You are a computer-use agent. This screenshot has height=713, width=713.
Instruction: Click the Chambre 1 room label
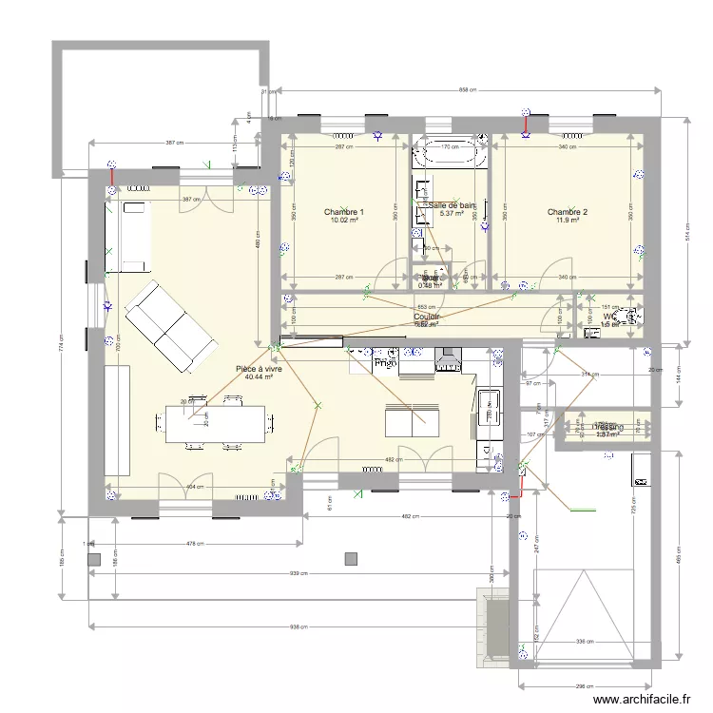343,211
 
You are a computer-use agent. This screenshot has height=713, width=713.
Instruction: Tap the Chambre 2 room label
567,211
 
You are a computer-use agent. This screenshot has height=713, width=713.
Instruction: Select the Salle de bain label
452,205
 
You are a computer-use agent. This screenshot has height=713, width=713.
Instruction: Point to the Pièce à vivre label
259,367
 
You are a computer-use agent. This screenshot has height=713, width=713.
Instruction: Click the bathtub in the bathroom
450,154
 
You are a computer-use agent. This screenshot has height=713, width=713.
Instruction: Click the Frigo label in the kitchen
385,363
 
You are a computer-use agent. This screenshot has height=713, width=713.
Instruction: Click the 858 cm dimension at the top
467,90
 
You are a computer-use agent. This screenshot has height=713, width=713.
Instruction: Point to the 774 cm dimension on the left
60,347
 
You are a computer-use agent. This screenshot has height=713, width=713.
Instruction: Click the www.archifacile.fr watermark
644,701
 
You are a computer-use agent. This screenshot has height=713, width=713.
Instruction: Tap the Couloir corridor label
427,317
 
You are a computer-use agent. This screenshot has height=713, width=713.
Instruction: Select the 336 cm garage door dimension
585,642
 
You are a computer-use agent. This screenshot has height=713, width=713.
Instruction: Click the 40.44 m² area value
259,377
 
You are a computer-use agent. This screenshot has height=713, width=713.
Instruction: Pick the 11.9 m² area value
567,222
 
